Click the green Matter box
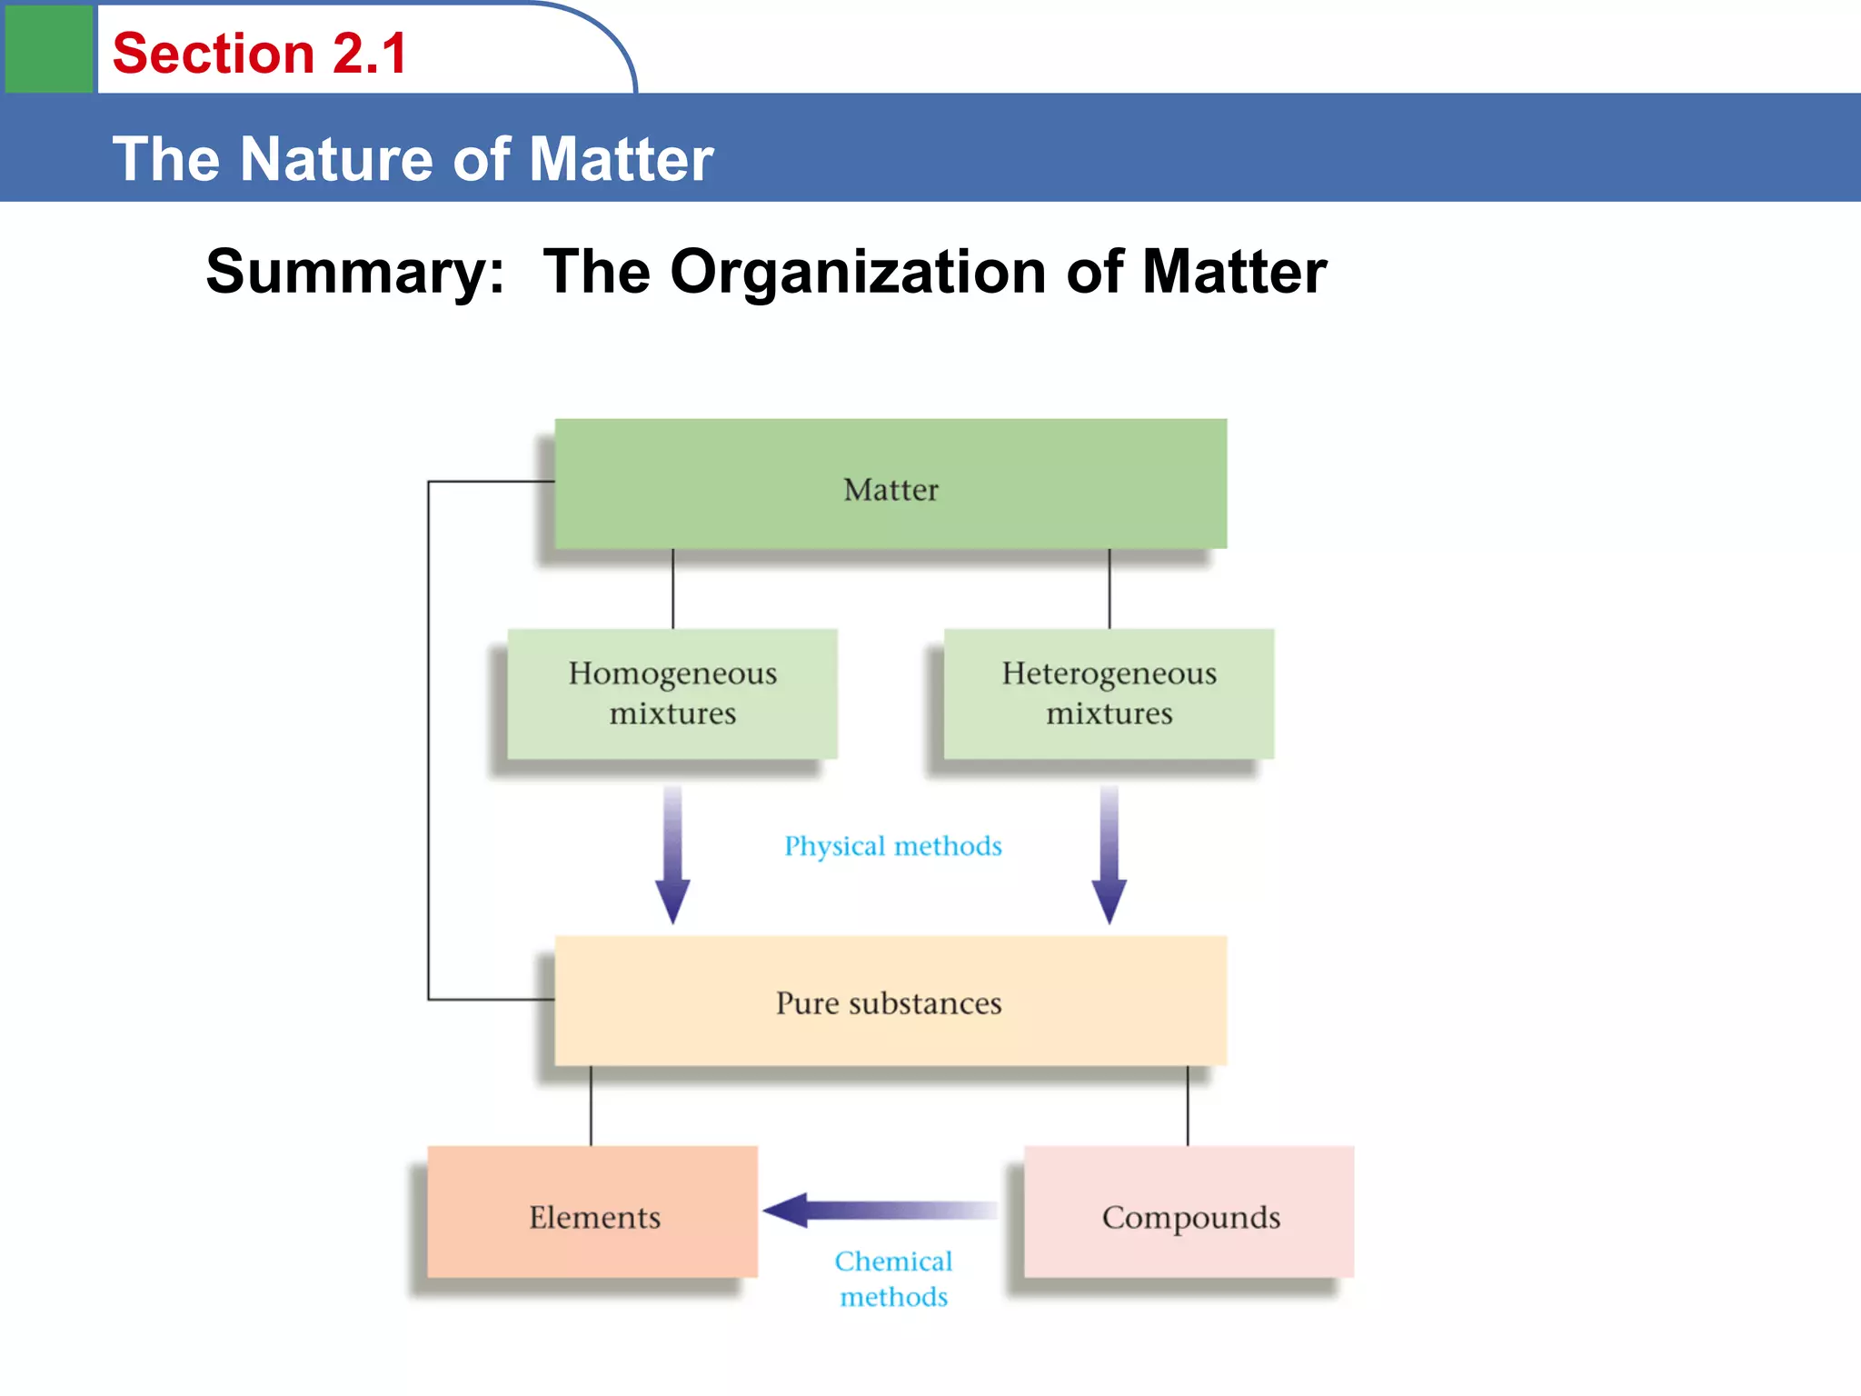pos(891,484)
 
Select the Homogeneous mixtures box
pos(672,693)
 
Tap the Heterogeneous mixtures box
pos(1109,693)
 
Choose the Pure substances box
pos(891,1002)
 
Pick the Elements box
pos(593,1212)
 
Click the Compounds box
pos(1189,1212)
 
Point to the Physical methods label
pos(893,846)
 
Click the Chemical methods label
pos(893,1279)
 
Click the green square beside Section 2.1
pos(49,49)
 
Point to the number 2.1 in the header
pos(370,54)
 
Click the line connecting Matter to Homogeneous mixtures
pos(673,588)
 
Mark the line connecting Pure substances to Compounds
pos(1188,1105)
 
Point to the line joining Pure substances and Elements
pos(591,1105)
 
